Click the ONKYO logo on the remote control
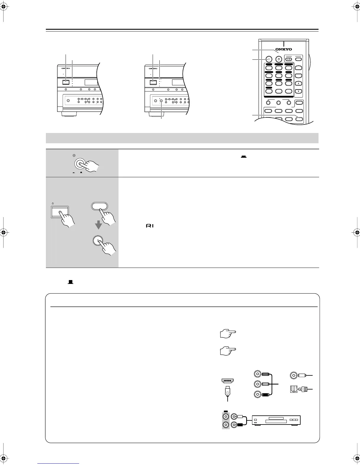coord(284,49)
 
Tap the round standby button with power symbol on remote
coord(279,59)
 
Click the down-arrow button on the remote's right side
coord(299,91)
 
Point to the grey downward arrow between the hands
coord(98,225)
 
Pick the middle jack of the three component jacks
coord(258,384)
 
